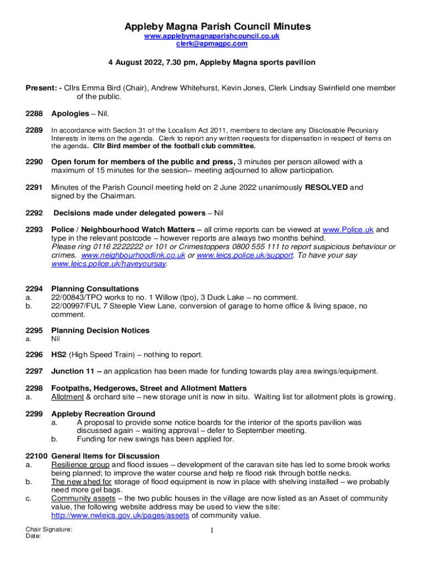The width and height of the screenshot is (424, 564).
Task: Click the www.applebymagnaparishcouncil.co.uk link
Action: pyautogui.click(x=212, y=36)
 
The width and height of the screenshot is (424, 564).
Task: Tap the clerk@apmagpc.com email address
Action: pyautogui.click(x=212, y=44)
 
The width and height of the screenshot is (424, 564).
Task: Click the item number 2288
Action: pyautogui.click(x=34, y=113)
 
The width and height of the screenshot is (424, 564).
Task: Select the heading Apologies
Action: pyautogui.click(x=70, y=113)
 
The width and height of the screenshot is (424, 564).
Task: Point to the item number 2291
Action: pyautogui.click(x=34, y=187)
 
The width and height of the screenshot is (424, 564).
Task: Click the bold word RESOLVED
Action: pyautogui.click(x=326, y=187)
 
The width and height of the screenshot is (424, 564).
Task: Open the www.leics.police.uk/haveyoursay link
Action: pyautogui.click(x=108, y=264)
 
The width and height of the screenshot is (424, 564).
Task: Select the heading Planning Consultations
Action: pyautogui.click(x=95, y=289)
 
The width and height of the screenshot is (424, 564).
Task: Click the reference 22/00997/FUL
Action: pyautogui.click(x=75, y=306)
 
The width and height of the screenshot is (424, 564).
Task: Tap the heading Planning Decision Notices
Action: pyautogui.click(x=100, y=330)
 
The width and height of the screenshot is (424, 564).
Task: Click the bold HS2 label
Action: pyautogui.click(x=59, y=354)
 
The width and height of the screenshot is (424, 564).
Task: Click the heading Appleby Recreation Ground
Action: pyautogui.click(x=103, y=414)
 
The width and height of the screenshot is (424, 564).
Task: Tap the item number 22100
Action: pyautogui.click(x=36, y=456)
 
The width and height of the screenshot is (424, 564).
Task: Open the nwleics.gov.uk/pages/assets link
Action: pyautogui.click(x=120, y=516)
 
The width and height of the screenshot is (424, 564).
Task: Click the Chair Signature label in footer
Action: pyautogui.click(x=49, y=529)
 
